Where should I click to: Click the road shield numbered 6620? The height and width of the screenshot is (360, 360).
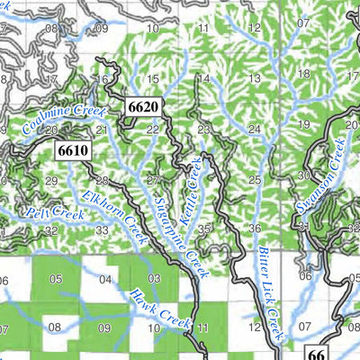pyautogui.click(x=144, y=107)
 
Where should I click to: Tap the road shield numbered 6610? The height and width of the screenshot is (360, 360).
pyautogui.click(x=72, y=150)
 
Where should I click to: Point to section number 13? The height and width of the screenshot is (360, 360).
pyautogui.click(x=255, y=79)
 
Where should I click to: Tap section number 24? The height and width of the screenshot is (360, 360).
pyautogui.click(x=255, y=130)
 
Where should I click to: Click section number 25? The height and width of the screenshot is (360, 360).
pyautogui.click(x=255, y=180)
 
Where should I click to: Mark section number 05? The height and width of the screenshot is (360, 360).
pyautogui.click(x=56, y=279)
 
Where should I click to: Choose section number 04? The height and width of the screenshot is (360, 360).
pyautogui.click(x=105, y=279)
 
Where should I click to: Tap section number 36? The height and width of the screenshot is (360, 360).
pyautogui.click(x=255, y=229)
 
